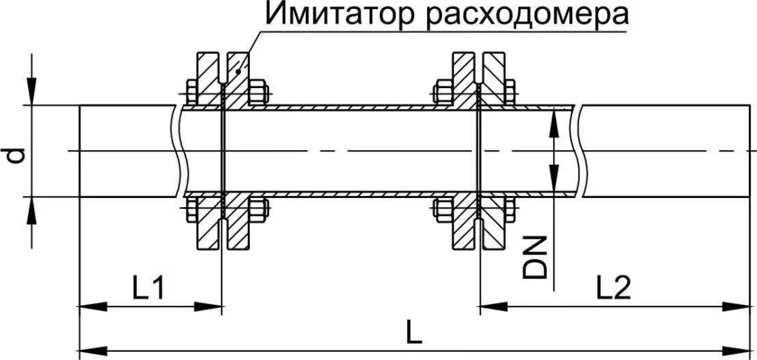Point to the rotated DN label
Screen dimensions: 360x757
point(537,257)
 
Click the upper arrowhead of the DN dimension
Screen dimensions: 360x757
point(554,118)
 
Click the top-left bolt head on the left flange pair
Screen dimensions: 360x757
point(190,94)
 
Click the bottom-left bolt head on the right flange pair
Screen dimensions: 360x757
point(442,209)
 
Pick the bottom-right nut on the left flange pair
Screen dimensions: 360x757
point(257,209)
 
